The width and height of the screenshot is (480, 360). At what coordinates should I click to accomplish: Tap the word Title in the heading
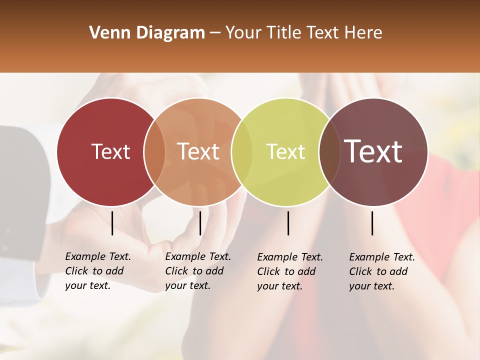coord(284,33)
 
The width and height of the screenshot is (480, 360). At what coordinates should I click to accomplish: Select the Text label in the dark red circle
coord(110,151)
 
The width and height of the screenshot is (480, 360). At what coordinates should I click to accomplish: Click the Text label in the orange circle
coord(198,151)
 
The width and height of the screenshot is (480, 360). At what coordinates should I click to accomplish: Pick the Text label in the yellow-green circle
coord(285,151)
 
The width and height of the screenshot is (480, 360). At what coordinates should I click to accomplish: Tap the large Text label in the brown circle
coord(373,151)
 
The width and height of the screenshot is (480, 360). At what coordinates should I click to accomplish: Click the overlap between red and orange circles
coord(154,151)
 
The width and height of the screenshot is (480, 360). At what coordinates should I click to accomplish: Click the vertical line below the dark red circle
coord(112,223)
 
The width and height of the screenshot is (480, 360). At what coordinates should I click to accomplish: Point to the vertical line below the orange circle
coord(200,223)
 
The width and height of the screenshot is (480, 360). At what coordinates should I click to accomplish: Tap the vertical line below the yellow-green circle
coord(288,223)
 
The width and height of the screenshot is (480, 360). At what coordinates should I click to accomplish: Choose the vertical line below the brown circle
coord(372,223)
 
